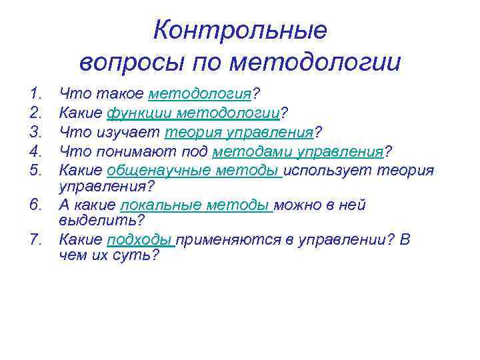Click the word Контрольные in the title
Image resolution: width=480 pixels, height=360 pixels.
[240, 31]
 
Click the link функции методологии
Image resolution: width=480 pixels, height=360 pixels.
[194, 113]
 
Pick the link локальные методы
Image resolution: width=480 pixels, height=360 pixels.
[195, 205]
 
